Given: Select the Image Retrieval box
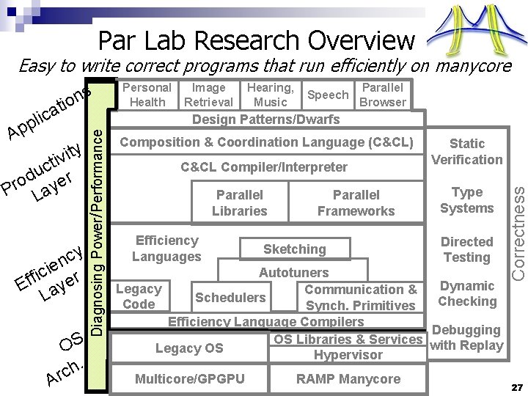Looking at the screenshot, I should [208, 95].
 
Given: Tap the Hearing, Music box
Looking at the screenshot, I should [271, 95].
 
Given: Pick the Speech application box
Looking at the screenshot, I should [328, 95].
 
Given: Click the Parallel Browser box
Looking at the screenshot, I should [382, 95].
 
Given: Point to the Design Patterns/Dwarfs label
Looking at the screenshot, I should [265, 119].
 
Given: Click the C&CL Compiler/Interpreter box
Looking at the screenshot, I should [264, 166].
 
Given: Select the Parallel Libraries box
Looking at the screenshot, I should [239, 203].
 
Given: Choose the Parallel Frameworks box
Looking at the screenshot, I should [356, 203].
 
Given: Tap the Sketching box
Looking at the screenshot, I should [294, 249].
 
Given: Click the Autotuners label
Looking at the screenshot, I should [293, 273].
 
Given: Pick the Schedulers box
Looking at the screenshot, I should [230, 297].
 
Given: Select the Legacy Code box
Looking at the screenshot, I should [139, 297].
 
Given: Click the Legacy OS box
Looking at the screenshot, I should [189, 348].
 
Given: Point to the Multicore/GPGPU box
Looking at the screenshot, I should [189, 379].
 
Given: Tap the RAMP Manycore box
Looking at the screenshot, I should [348, 379].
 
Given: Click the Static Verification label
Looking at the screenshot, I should [466, 151].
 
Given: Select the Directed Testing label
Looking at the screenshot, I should [466, 249].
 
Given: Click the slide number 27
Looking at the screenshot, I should [516, 386].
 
